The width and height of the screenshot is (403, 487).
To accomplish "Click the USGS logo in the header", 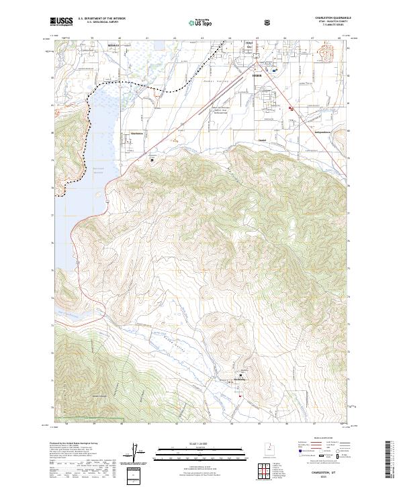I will click(x=62, y=21).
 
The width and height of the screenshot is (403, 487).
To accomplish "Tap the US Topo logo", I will click(x=194, y=21).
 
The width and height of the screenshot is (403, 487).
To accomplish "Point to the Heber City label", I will click(x=249, y=46).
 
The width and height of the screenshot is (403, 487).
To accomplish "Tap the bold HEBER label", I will click(x=255, y=76).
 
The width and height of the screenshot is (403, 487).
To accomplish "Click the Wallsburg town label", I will click(x=240, y=380).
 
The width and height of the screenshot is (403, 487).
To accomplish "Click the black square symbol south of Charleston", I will click(x=152, y=160).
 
